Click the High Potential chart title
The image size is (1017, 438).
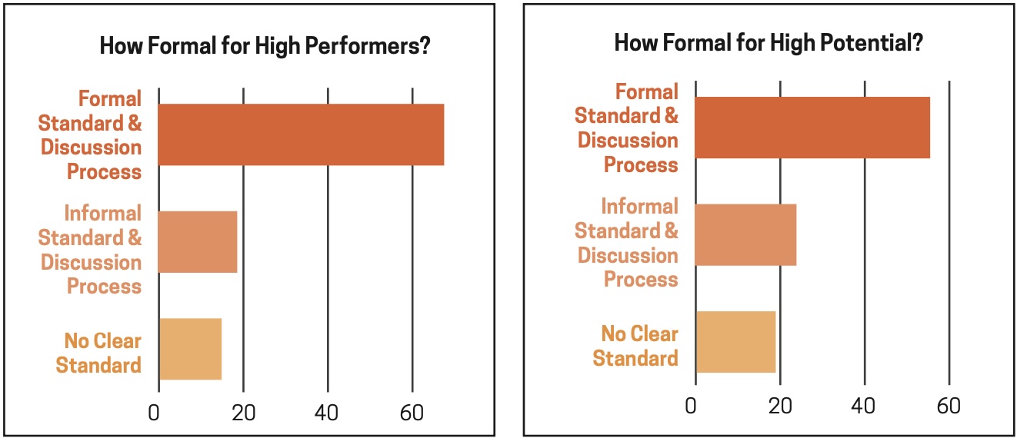(768, 43)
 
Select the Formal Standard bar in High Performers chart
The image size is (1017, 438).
(301, 134)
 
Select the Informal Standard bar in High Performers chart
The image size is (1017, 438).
(198, 241)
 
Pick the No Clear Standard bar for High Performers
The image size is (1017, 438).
(190, 348)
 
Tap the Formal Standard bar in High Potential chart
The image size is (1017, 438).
(812, 128)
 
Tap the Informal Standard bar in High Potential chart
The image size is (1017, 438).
(745, 234)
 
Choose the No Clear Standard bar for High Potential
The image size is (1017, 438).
(735, 341)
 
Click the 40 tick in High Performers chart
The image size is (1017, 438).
(328, 412)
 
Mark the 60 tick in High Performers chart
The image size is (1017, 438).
(413, 412)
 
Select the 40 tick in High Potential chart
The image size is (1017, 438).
(865, 405)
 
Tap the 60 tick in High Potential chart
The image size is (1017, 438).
(949, 405)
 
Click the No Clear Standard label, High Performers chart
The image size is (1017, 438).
(98, 352)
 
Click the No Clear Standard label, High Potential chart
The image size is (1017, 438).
(635, 346)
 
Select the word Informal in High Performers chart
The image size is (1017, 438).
(102, 213)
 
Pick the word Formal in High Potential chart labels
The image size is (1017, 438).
(647, 92)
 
